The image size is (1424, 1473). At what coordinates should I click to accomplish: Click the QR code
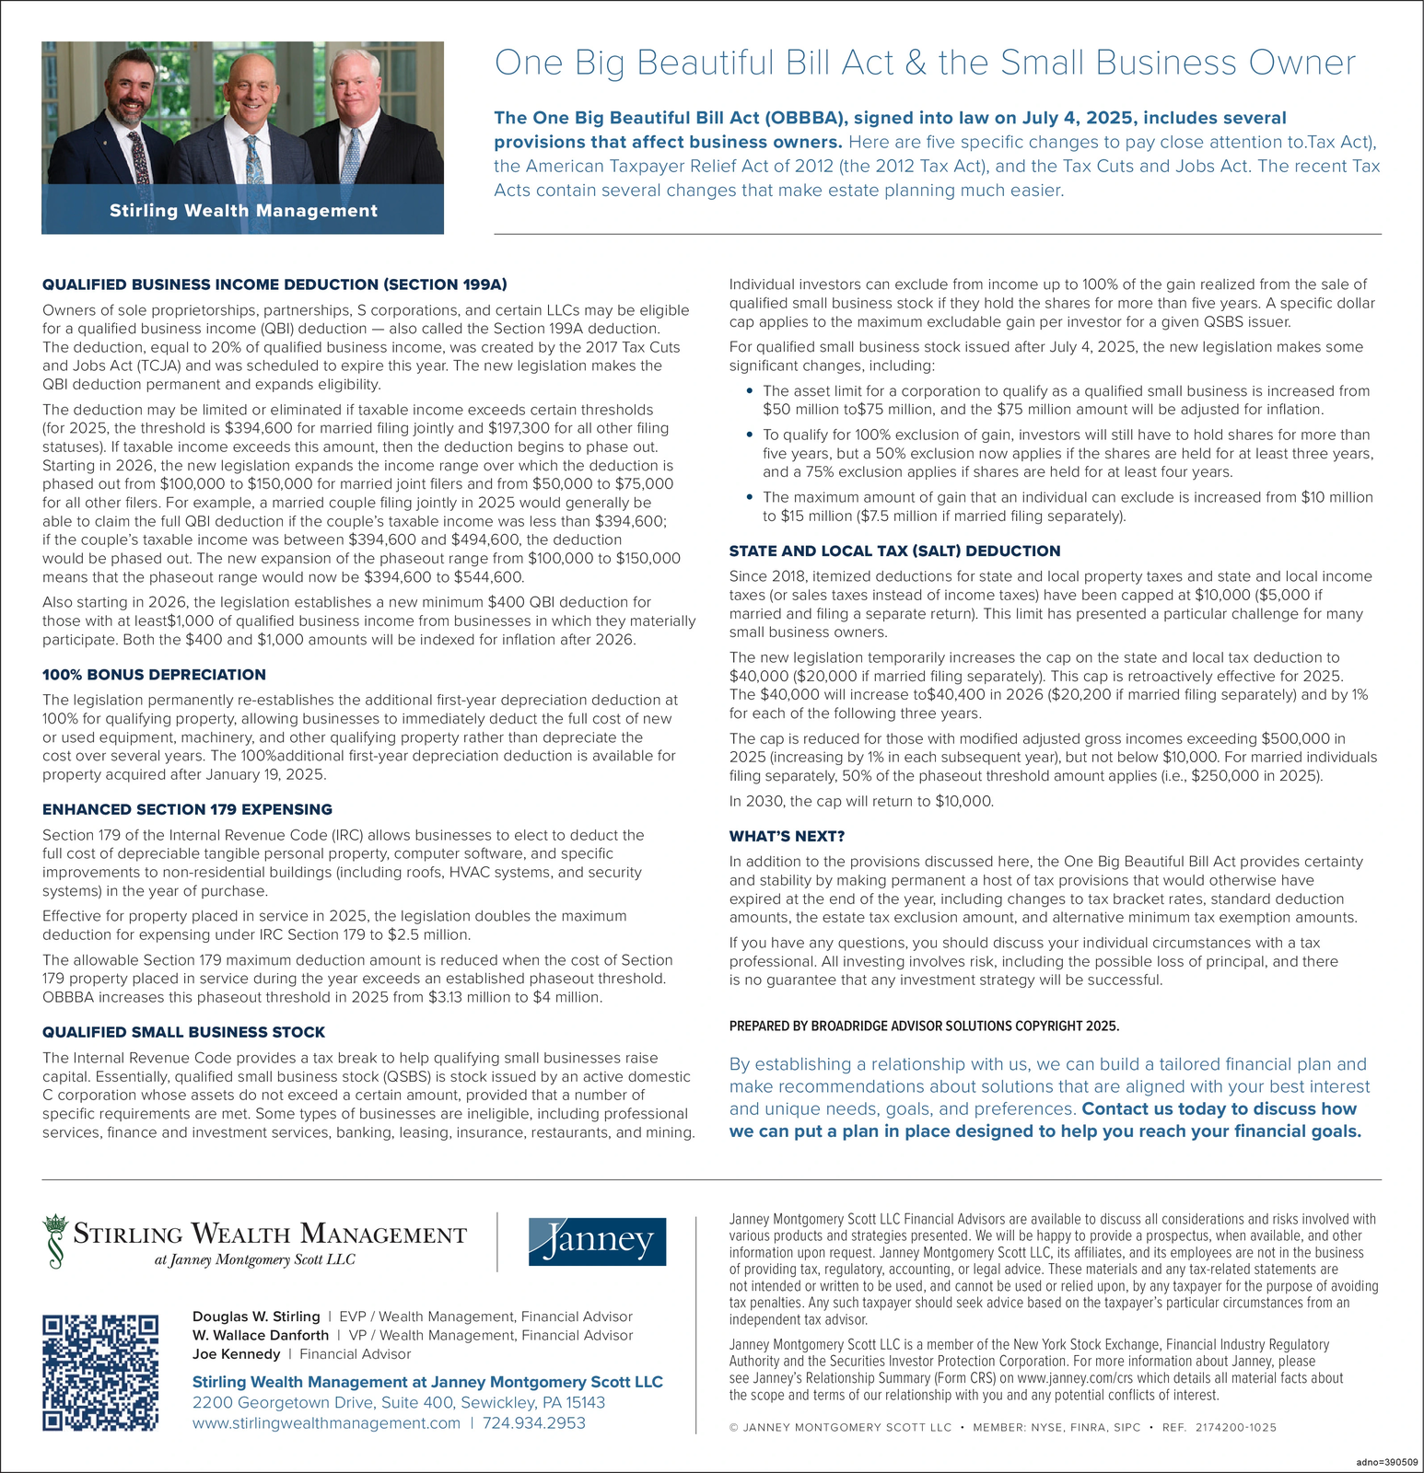click(100, 1373)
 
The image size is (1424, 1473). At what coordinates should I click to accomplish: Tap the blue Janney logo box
click(597, 1241)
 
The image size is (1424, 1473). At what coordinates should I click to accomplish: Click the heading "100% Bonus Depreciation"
click(154, 675)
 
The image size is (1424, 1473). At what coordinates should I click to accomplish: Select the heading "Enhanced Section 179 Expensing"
click(187, 809)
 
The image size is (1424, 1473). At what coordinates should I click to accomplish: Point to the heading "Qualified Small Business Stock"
click(183, 1033)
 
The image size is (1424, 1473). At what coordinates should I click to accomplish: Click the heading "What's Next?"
click(787, 836)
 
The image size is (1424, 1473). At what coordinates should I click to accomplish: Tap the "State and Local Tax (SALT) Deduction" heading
click(894, 551)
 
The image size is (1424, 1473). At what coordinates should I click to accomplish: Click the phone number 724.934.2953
click(533, 1423)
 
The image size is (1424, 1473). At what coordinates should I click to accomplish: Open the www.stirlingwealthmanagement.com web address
click(326, 1423)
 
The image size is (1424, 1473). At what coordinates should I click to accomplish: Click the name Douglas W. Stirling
click(256, 1316)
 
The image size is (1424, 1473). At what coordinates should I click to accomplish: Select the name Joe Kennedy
click(236, 1354)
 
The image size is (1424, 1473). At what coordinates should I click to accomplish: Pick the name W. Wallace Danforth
click(261, 1335)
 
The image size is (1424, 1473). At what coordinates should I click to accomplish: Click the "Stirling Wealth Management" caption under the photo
click(243, 211)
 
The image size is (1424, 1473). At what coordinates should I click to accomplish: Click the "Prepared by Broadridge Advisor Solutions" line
click(924, 1026)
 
